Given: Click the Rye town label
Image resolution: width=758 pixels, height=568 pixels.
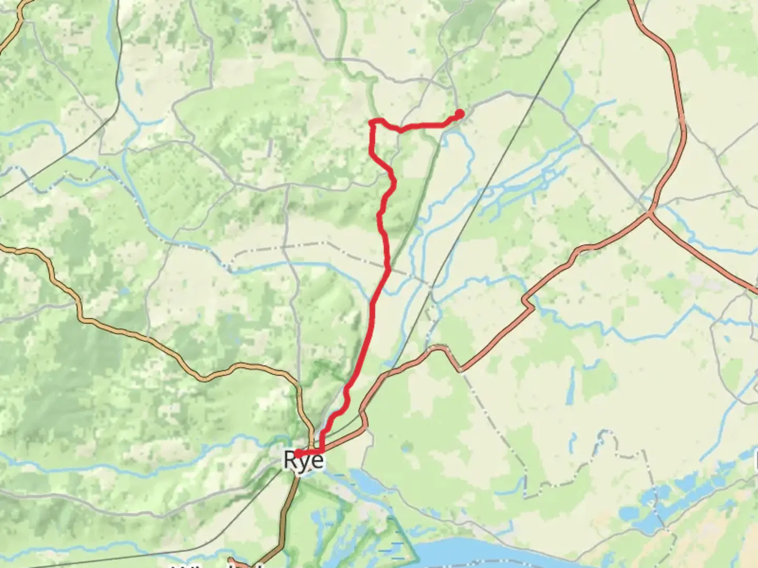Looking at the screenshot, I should click(304, 460).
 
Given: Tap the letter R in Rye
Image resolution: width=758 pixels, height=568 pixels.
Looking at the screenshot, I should click(290, 460).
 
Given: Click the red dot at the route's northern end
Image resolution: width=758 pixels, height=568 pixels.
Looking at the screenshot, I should click(460, 114).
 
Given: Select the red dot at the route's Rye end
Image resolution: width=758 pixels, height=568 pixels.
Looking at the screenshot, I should click(298, 453).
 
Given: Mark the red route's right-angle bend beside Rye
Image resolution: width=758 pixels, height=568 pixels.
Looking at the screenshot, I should click(322, 452).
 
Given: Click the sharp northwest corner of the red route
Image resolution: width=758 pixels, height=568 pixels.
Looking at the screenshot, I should click(372, 123).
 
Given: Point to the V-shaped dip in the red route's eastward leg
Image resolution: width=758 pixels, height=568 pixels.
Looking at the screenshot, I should click(400, 130).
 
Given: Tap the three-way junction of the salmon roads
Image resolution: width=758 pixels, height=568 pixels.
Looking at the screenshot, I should click(651, 213).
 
